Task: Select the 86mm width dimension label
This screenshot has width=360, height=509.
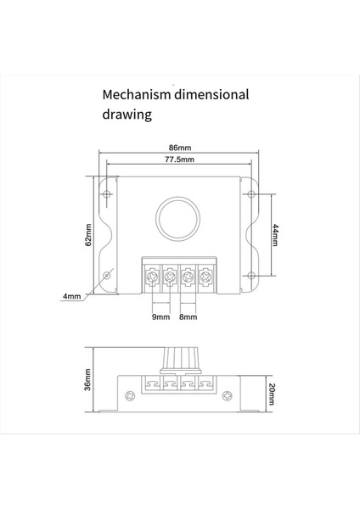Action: tap(179, 146)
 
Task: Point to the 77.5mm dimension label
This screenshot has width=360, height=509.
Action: tap(179, 159)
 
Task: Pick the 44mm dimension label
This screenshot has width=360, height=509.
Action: tap(274, 234)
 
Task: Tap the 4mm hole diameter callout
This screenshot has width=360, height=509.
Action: tap(72, 296)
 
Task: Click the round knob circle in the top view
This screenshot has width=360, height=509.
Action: tap(179, 217)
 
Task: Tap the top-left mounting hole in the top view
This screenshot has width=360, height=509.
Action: tap(107, 193)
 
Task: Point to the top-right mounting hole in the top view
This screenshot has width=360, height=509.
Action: tap(251, 193)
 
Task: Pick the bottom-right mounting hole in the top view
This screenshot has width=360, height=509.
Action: tap(251, 274)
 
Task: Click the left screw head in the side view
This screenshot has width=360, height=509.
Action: tap(129, 396)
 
